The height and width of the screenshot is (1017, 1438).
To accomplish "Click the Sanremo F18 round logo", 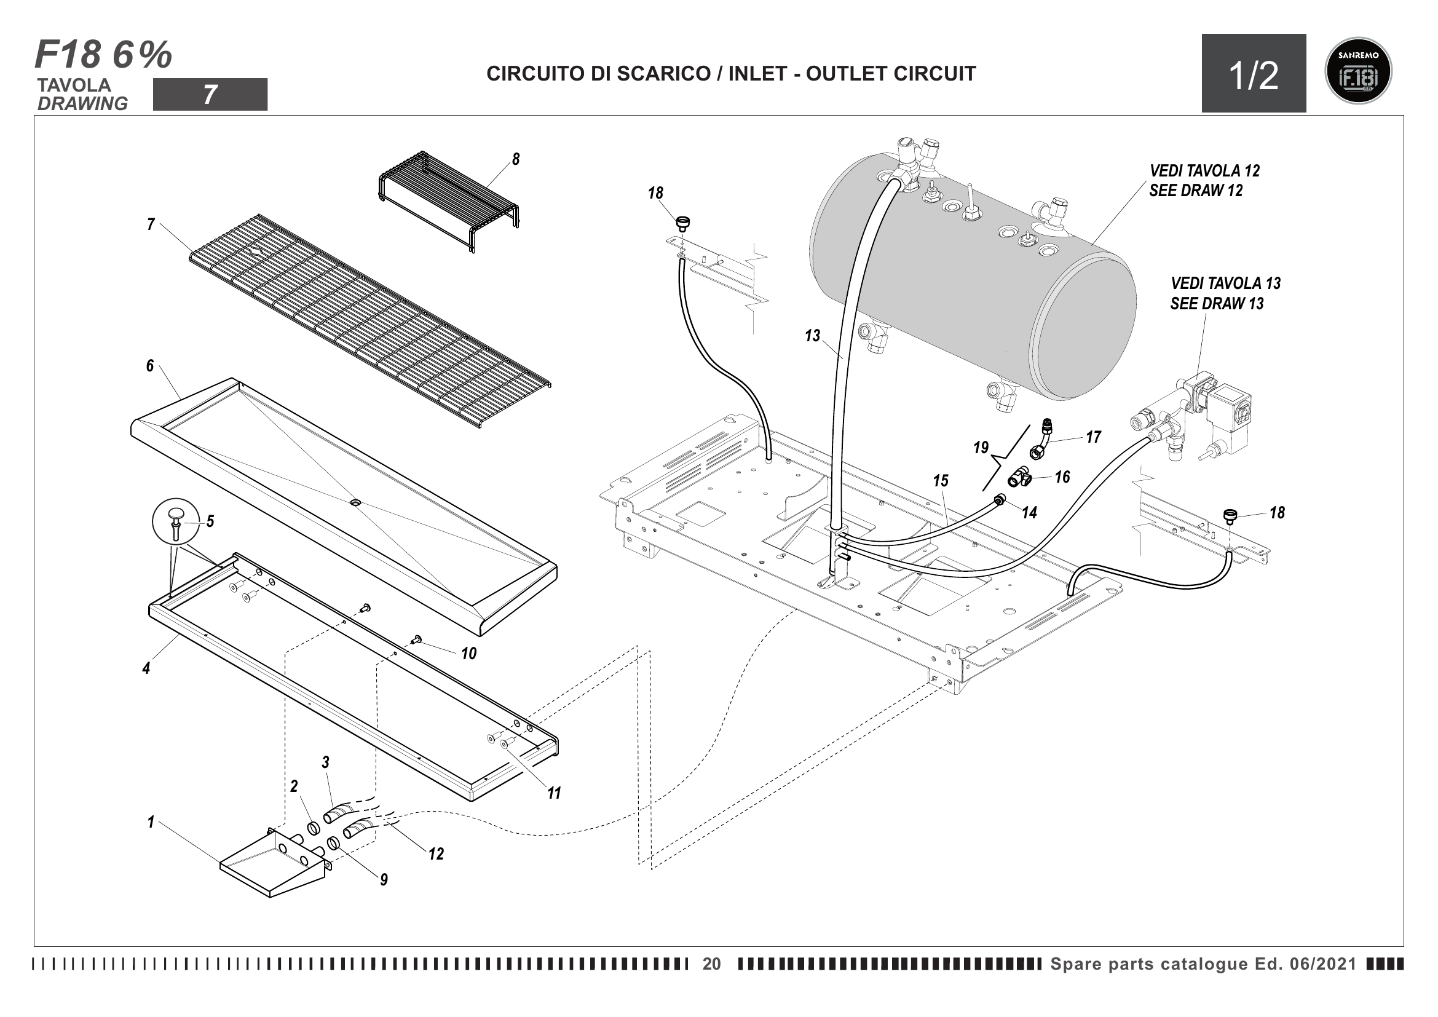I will [1359, 71].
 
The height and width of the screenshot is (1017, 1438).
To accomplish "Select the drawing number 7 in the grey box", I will [210, 95].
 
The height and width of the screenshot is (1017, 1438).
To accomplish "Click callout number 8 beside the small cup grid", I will [515, 159].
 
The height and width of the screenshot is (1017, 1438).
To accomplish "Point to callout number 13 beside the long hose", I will [812, 336].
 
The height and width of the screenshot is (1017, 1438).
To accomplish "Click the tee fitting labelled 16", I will [1021, 480].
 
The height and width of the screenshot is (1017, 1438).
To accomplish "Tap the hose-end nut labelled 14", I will [999, 500].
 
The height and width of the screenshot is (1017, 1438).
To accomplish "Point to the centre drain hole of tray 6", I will [355, 503].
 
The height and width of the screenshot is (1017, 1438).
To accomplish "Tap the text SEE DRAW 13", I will [1216, 304].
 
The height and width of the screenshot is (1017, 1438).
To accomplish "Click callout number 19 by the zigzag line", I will [981, 447].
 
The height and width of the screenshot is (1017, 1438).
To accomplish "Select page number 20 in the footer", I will [711, 964].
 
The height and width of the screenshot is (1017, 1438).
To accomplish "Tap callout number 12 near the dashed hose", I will [436, 853].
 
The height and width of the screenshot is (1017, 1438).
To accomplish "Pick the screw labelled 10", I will [416, 639].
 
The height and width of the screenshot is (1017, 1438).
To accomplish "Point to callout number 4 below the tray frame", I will [146, 668].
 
